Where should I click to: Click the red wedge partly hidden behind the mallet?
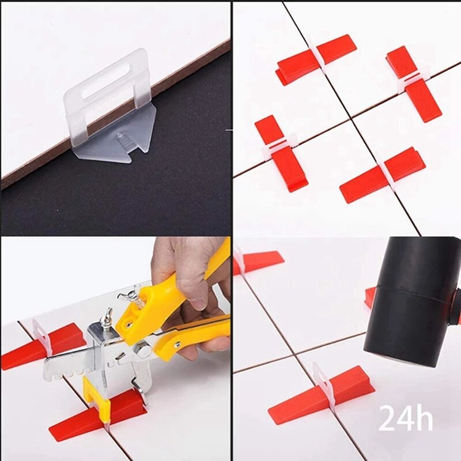369,297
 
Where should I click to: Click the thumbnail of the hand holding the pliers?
115,349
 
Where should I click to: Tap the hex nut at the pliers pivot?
140,349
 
